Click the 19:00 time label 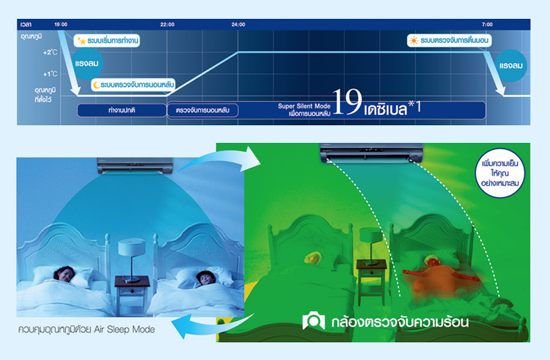coord(61,24)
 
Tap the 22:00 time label coord(167,24)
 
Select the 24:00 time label coord(238,24)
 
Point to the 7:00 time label coord(487,24)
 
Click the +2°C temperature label coord(50,52)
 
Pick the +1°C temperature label coord(50,74)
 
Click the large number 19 coord(347,102)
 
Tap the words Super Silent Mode coord(304,106)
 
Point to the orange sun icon coord(414,41)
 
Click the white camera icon coord(313,320)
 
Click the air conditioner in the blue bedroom coord(135,165)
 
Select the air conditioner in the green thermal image coord(372,153)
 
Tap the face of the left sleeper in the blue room coord(64,274)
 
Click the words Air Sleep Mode coord(125,330)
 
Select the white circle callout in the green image coord(500,173)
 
